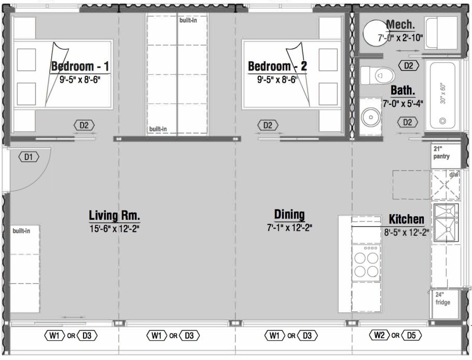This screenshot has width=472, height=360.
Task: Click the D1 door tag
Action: tap(29, 157)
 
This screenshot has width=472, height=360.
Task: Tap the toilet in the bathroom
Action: tap(378, 75)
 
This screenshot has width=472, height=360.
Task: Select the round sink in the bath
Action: tap(371, 117)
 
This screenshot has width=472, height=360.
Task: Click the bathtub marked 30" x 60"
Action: tap(442, 95)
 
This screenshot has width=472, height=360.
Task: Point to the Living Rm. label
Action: tap(115, 215)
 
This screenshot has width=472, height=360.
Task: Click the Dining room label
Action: tap(289, 215)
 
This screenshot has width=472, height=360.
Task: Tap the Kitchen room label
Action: tap(406, 219)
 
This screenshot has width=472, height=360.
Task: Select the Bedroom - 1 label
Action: tap(80, 66)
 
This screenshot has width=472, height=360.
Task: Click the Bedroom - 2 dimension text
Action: tap(276, 80)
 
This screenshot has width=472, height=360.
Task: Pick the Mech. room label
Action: tap(400, 24)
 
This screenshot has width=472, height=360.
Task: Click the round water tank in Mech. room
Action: tap(376, 33)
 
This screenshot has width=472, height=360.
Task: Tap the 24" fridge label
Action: tap(442, 299)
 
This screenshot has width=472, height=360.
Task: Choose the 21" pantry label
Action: tap(441, 153)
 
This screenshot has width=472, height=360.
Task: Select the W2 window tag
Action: tap(379, 335)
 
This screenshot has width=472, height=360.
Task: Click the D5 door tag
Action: tap(411, 335)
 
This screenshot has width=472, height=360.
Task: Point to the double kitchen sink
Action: tap(446, 223)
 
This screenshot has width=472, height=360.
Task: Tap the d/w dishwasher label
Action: tap(453, 175)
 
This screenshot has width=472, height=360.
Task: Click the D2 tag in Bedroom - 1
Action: tap(84, 125)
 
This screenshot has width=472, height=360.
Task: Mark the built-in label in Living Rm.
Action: tap(21, 231)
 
